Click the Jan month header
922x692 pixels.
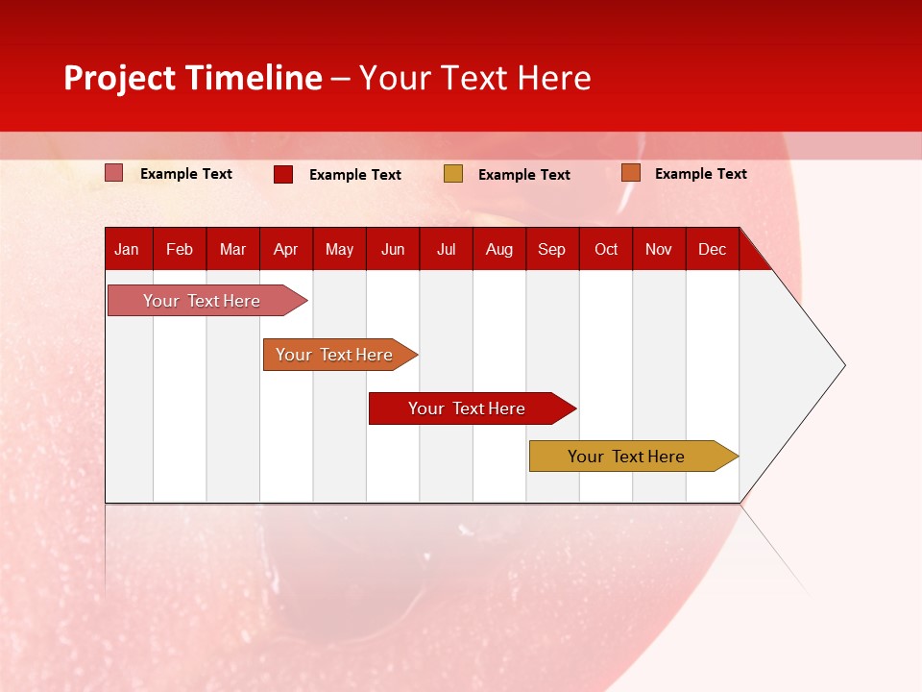pos(127,250)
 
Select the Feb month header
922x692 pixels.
pos(180,250)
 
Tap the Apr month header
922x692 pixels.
pos(286,250)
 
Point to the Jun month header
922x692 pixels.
pos(393,250)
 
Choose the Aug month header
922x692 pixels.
pos(499,250)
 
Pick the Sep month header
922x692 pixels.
pos(552,250)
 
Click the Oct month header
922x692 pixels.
pos(606,250)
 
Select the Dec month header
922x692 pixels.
pos(713,250)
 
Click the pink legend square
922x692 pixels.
pos(114,173)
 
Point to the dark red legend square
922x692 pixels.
pos(283,174)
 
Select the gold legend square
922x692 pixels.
pos(453,174)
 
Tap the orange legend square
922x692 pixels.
pos(630,173)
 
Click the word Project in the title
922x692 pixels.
pos(120,79)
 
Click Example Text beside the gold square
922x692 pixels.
pos(524,175)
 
